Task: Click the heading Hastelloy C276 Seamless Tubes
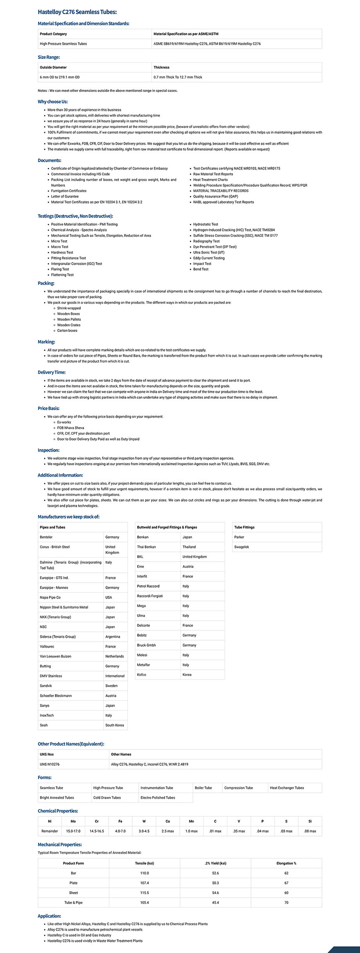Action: [x=77, y=12]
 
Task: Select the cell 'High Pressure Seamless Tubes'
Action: [x=63, y=44]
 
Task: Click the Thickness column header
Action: [x=161, y=67]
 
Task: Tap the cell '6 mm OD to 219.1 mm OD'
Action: [x=59, y=77]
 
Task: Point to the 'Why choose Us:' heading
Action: [x=53, y=102]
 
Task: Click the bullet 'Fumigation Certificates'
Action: [x=69, y=191]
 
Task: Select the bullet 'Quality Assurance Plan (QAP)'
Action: [x=216, y=196]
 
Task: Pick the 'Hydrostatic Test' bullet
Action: [x=205, y=224]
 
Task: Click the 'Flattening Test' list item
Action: [x=62, y=275]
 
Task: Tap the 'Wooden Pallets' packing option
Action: [x=69, y=319]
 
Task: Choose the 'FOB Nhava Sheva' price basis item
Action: [x=70, y=428]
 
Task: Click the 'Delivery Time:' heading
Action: [x=52, y=372]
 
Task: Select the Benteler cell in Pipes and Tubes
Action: [x=46, y=537]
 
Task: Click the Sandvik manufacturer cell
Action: [x=46, y=686]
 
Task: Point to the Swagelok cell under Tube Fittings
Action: [x=241, y=547]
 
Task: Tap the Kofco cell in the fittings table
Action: [x=142, y=674]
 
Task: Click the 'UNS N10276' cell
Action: [x=50, y=764]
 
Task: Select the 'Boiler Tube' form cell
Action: [x=203, y=788]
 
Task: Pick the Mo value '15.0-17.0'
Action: [x=73, y=831]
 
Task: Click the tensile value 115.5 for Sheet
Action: [x=144, y=893]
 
